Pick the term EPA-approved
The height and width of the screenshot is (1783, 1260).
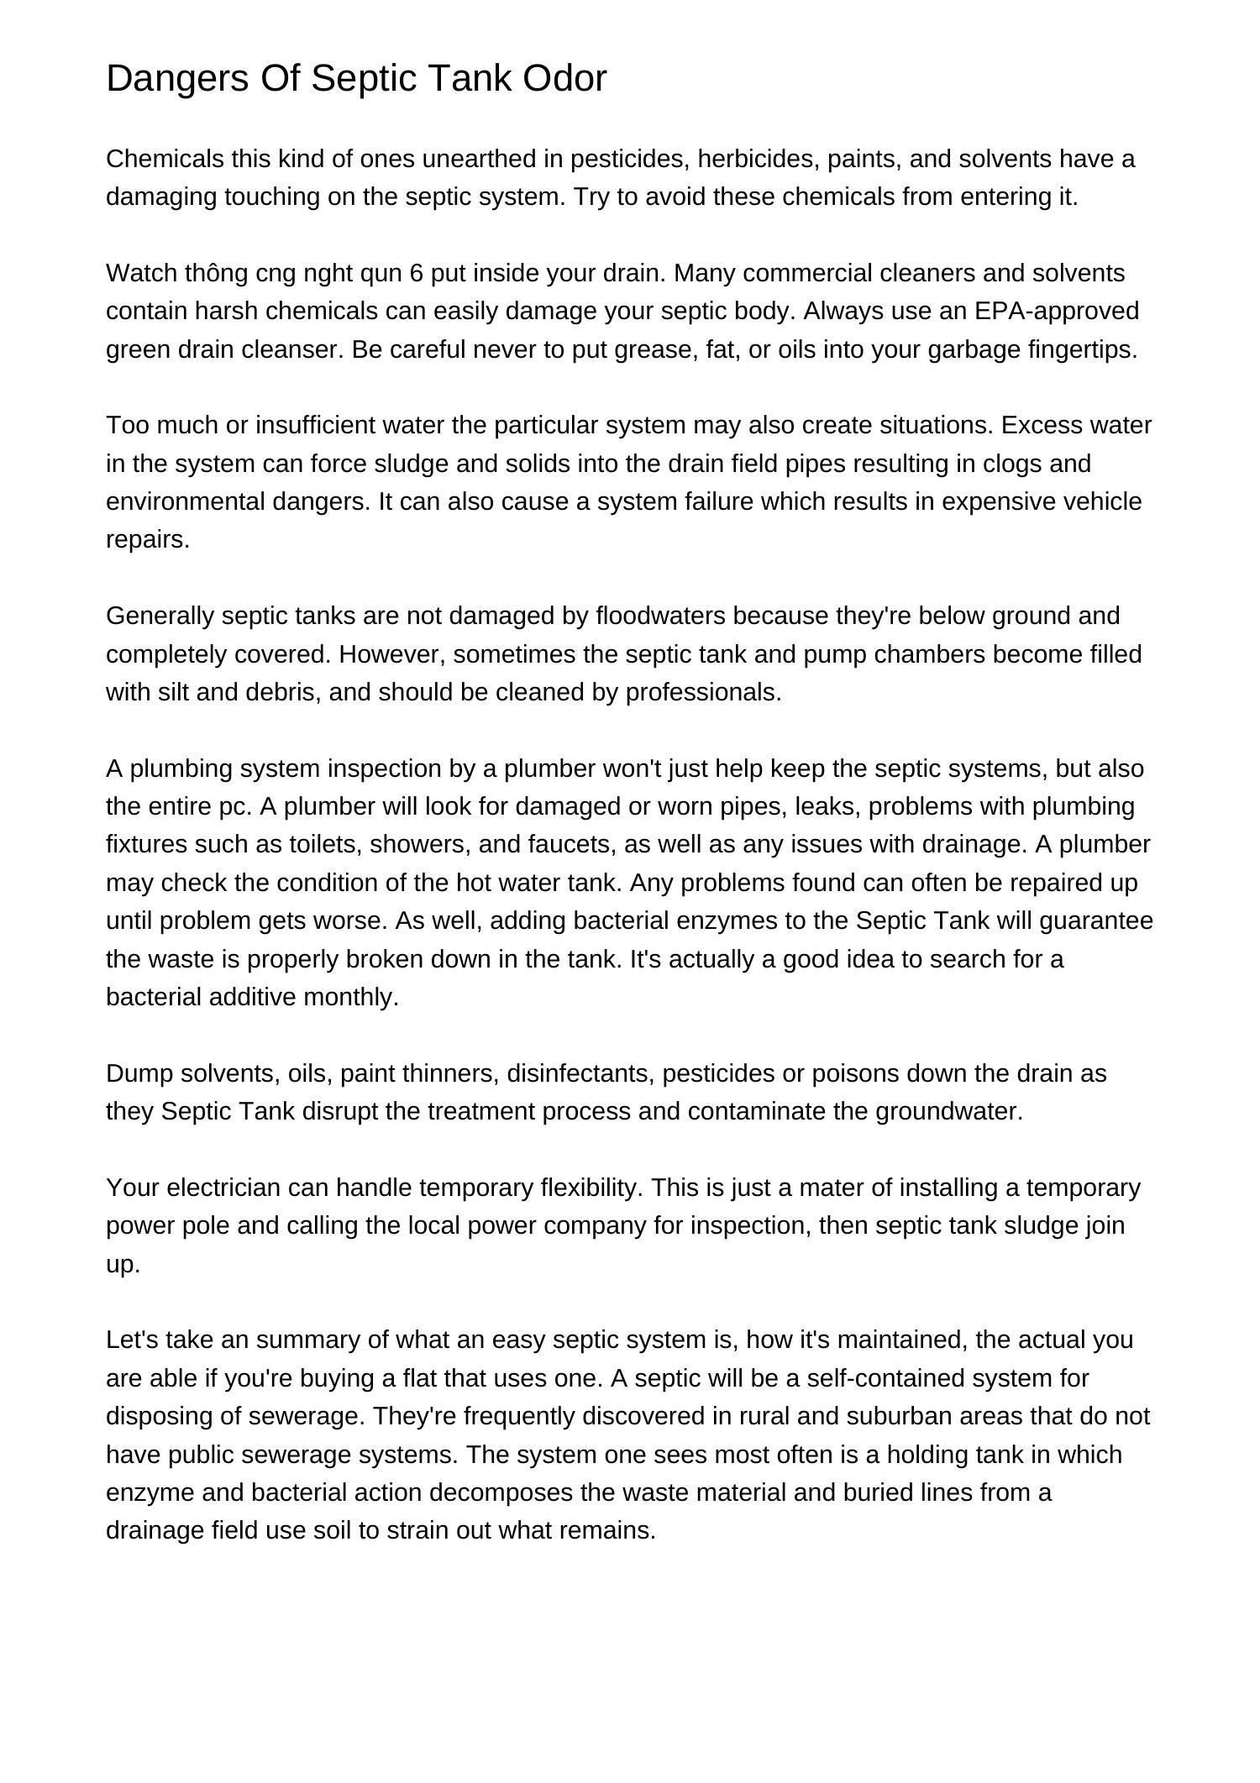point(1057,312)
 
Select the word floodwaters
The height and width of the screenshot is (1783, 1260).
point(660,616)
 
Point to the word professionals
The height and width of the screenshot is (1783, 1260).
point(703,693)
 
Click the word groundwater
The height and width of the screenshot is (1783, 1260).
point(948,1112)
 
